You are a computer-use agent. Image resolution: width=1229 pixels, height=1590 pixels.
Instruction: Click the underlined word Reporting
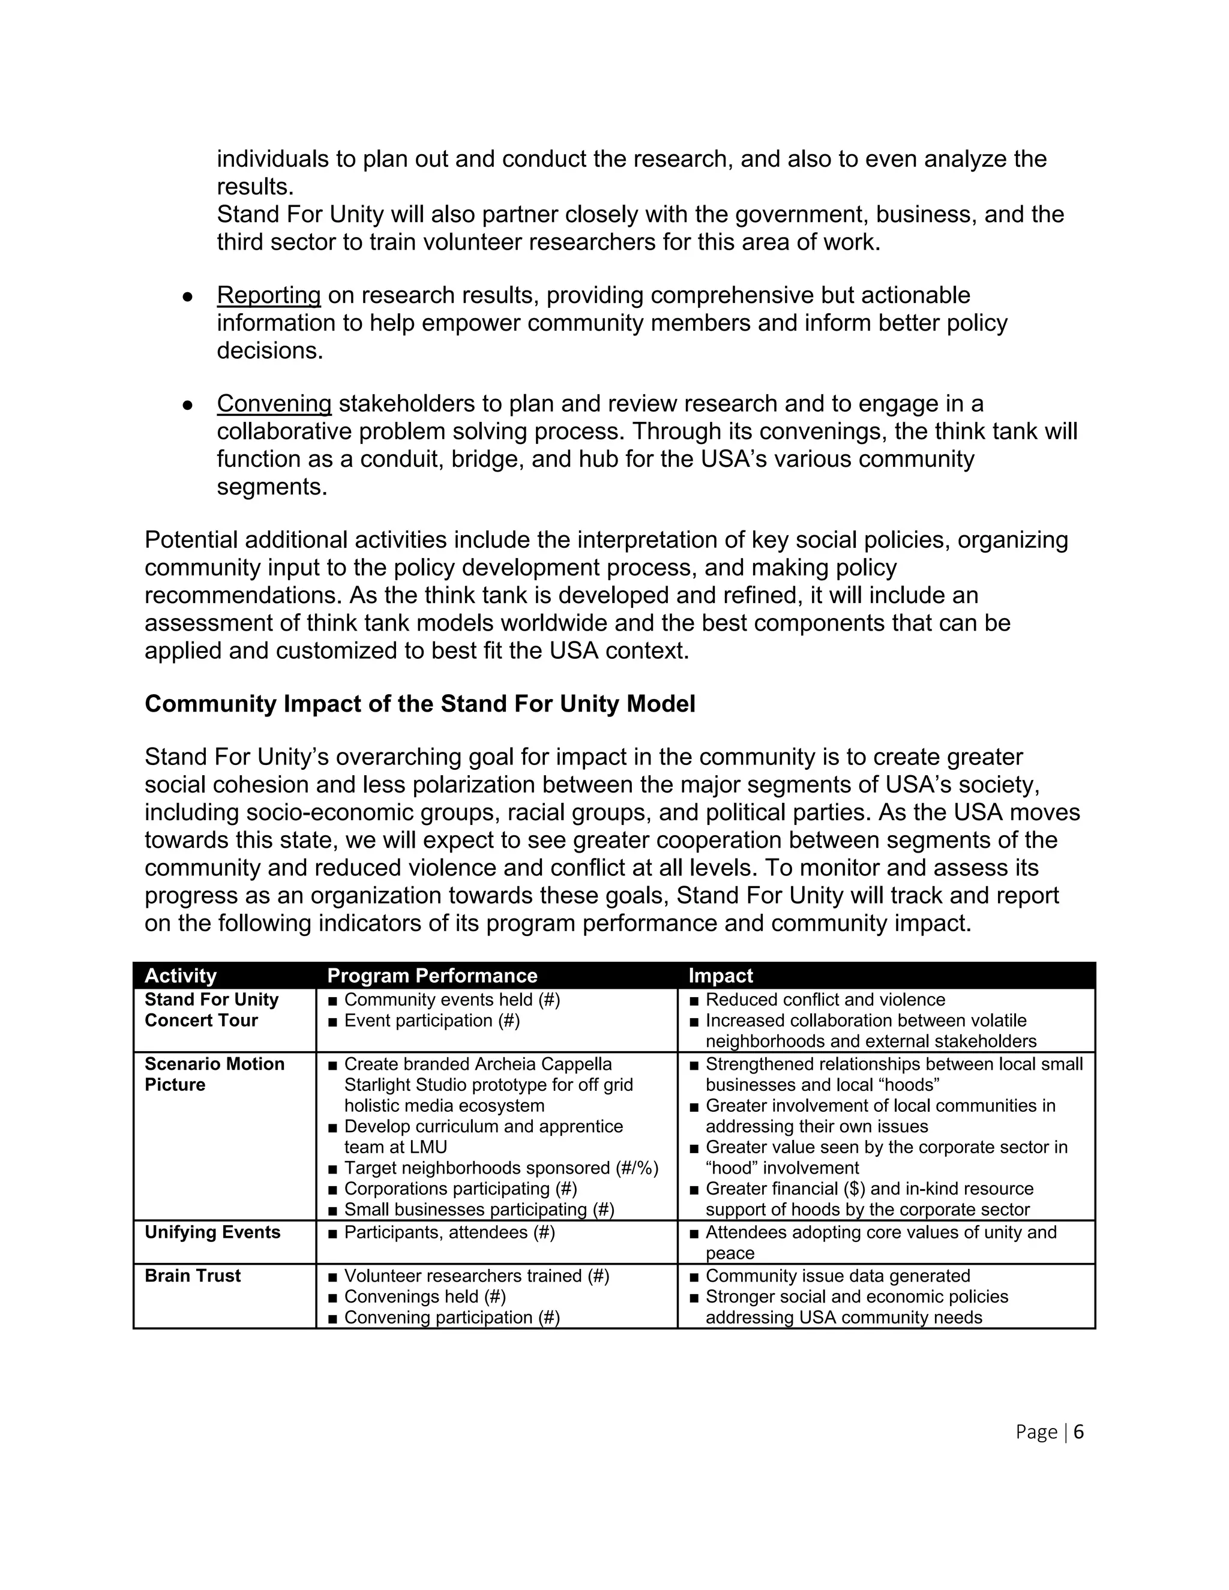(x=269, y=296)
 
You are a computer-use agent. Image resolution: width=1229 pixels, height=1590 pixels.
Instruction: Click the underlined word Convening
(x=274, y=403)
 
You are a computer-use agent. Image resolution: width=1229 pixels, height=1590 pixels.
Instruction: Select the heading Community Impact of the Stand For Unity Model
(x=420, y=704)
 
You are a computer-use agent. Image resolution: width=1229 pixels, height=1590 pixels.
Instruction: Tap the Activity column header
(x=181, y=976)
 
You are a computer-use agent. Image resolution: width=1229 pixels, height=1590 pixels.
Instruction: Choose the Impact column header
(x=720, y=976)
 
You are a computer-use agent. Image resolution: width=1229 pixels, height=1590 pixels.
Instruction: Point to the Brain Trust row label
(x=192, y=1276)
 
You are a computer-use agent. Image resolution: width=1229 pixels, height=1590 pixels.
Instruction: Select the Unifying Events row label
(x=212, y=1232)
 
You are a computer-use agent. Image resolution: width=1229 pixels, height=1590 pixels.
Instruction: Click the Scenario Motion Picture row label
(x=214, y=1074)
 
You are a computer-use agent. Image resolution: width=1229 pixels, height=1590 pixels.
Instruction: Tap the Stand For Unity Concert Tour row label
(x=211, y=1010)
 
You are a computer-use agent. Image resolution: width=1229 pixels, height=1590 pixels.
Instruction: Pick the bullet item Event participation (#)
(x=431, y=1021)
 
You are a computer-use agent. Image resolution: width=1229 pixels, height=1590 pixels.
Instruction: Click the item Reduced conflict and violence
(x=825, y=1000)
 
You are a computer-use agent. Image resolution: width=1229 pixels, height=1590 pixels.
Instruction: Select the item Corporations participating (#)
(x=460, y=1189)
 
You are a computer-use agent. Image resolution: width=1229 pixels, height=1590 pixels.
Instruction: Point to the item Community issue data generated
(x=837, y=1276)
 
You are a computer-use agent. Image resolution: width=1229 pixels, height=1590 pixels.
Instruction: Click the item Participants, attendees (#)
(x=449, y=1232)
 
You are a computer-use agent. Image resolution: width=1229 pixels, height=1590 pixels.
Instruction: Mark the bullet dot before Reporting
(x=187, y=297)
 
